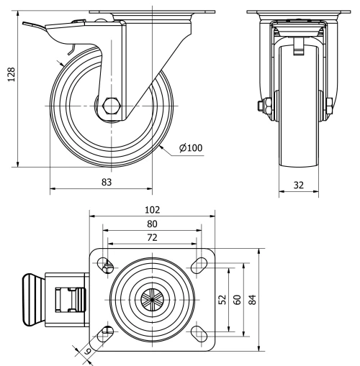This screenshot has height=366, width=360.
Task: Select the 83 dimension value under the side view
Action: pyautogui.click(x=107, y=183)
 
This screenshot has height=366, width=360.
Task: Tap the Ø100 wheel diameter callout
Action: pyautogui.click(x=191, y=148)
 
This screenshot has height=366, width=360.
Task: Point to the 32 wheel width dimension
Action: pyautogui.click(x=298, y=185)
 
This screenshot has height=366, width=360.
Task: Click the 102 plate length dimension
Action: pyautogui.click(x=151, y=210)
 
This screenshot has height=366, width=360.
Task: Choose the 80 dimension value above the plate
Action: pyautogui.click(x=151, y=224)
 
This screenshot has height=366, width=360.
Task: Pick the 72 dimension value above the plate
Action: pyautogui.click(x=151, y=237)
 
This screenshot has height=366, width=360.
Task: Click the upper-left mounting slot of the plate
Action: pyautogui.click(x=107, y=264)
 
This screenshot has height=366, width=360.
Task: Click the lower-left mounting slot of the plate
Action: pyautogui.click(x=107, y=331)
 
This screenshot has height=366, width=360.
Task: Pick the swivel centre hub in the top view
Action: pyautogui.click(x=151, y=298)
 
